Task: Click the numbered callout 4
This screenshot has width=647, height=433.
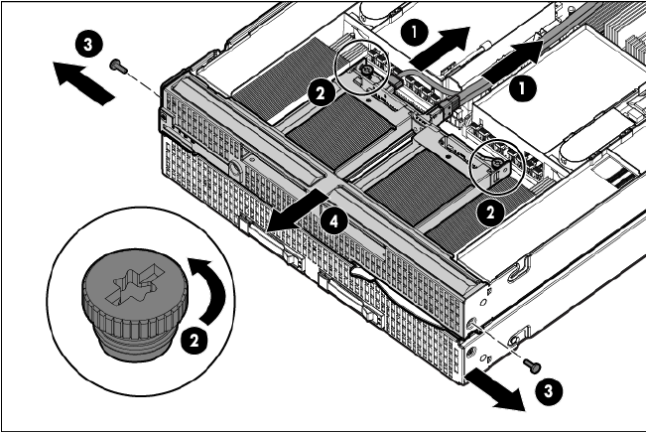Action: click(333, 222)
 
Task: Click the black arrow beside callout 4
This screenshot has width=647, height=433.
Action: click(297, 212)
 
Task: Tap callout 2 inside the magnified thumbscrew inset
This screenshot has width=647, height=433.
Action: click(194, 341)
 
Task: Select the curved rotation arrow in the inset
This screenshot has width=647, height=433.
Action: click(208, 290)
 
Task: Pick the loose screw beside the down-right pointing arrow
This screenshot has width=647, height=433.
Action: click(532, 364)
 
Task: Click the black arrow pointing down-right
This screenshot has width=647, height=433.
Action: click(495, 389)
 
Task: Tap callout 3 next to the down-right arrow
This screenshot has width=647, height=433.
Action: click(549, 391)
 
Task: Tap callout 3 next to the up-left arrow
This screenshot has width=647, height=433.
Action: click(88, 44)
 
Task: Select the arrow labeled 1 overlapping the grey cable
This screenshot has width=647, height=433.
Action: click(512, 61)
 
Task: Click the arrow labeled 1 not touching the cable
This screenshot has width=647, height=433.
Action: click(441, 49)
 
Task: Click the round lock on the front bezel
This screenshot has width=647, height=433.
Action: click(235, 169)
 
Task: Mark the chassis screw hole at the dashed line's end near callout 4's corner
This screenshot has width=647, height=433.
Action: click(472, 321)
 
